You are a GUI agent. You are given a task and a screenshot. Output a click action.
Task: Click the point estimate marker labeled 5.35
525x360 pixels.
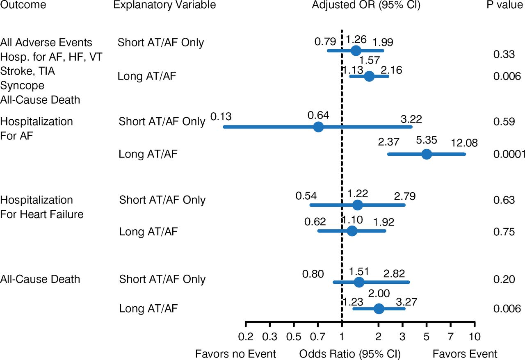pyautogui.click(x=427, y=154)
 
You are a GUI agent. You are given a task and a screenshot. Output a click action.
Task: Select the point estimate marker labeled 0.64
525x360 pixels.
pyautogui.click(x=318, y=127)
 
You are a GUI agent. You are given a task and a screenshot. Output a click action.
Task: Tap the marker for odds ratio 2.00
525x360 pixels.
pyautogui.click(x=379, y=308)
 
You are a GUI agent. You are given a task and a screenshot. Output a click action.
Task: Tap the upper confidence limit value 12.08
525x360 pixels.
pyautogui.click(x=464, y=143)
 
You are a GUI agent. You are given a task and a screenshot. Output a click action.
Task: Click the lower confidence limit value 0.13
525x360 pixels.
pyautogui.click(x=221, y=117)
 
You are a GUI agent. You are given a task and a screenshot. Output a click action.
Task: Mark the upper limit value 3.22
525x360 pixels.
pyautogui.click(x=411, y=120)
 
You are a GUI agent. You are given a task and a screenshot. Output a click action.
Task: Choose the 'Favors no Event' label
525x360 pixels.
pyautogui.click(x=235, y=353)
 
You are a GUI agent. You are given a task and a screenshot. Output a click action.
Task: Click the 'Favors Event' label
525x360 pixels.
pyautogui.click(x=465, y=353)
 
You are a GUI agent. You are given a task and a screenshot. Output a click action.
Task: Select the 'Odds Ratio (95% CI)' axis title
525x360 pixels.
pyautogui.click(x=350, y=353)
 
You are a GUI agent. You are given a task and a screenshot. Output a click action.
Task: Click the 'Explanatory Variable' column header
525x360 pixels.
pyautogui.click(x=164, y=5)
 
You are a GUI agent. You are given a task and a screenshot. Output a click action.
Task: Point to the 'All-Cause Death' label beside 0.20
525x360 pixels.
pyautogui.click(x=40, y=279)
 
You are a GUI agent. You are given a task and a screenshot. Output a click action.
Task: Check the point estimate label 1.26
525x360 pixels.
pyautogui.click(x=356, y=40)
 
